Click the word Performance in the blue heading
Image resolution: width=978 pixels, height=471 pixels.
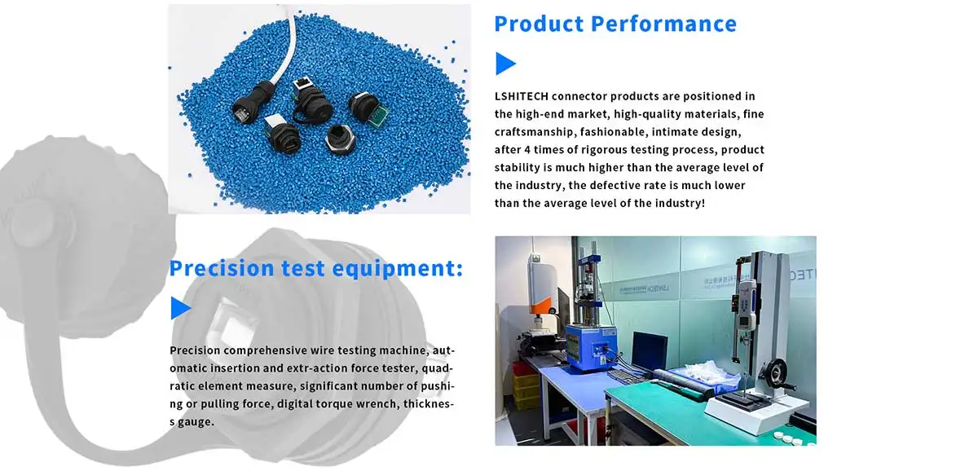pos(663,24)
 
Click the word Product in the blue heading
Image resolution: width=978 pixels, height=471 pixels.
pos(539,24)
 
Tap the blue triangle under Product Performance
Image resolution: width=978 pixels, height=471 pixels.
pos(505,64)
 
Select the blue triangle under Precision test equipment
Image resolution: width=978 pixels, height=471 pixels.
pos(180,308)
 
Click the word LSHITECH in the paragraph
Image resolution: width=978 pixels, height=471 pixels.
pos(522,96)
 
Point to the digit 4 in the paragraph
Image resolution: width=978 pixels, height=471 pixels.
pos(527,150)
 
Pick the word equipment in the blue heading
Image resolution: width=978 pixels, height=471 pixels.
pos(398,269)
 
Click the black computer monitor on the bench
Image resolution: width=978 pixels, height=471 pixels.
pos(650,350)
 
